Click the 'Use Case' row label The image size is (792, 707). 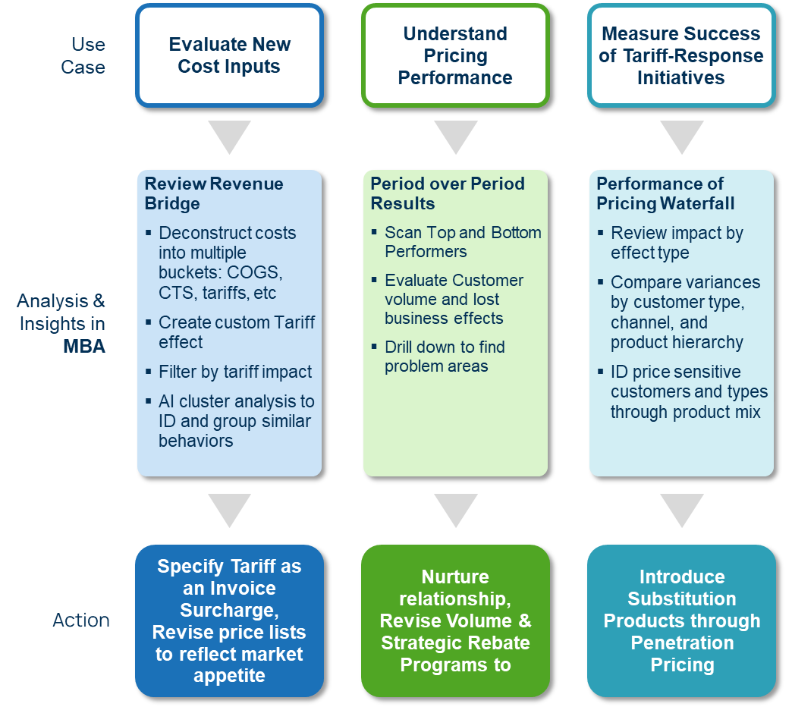click(x=83, y=55)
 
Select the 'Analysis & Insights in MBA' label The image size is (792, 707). click(x=61, y=323)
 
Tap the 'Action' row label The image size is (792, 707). click(x=81, y=620)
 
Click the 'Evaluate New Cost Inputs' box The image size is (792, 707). click(x=229, y=55)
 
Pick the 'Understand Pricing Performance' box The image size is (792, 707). click(x=455, y=55)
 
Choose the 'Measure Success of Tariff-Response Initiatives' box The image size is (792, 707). click(x=680, y=55)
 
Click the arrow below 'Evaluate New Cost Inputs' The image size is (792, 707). click(x=229, y=137)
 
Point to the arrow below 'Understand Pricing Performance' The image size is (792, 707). click(x=455, y=137)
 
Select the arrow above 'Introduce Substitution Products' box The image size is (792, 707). click(x=681, y=511)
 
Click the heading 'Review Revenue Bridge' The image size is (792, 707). click(x=214, y=193)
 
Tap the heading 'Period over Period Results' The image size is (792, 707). click(x=447, y=193)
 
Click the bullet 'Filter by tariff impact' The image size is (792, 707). click(x=235, y=372)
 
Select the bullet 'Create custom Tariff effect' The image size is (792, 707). click(x=236, y=332)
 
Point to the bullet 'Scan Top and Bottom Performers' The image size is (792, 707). click(x=463, y=242)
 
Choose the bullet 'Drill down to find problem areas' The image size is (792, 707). click(x=445, y=357)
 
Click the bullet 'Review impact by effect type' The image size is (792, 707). click(x=677, y=243)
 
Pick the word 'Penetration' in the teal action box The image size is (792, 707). click(x=682, y=643)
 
